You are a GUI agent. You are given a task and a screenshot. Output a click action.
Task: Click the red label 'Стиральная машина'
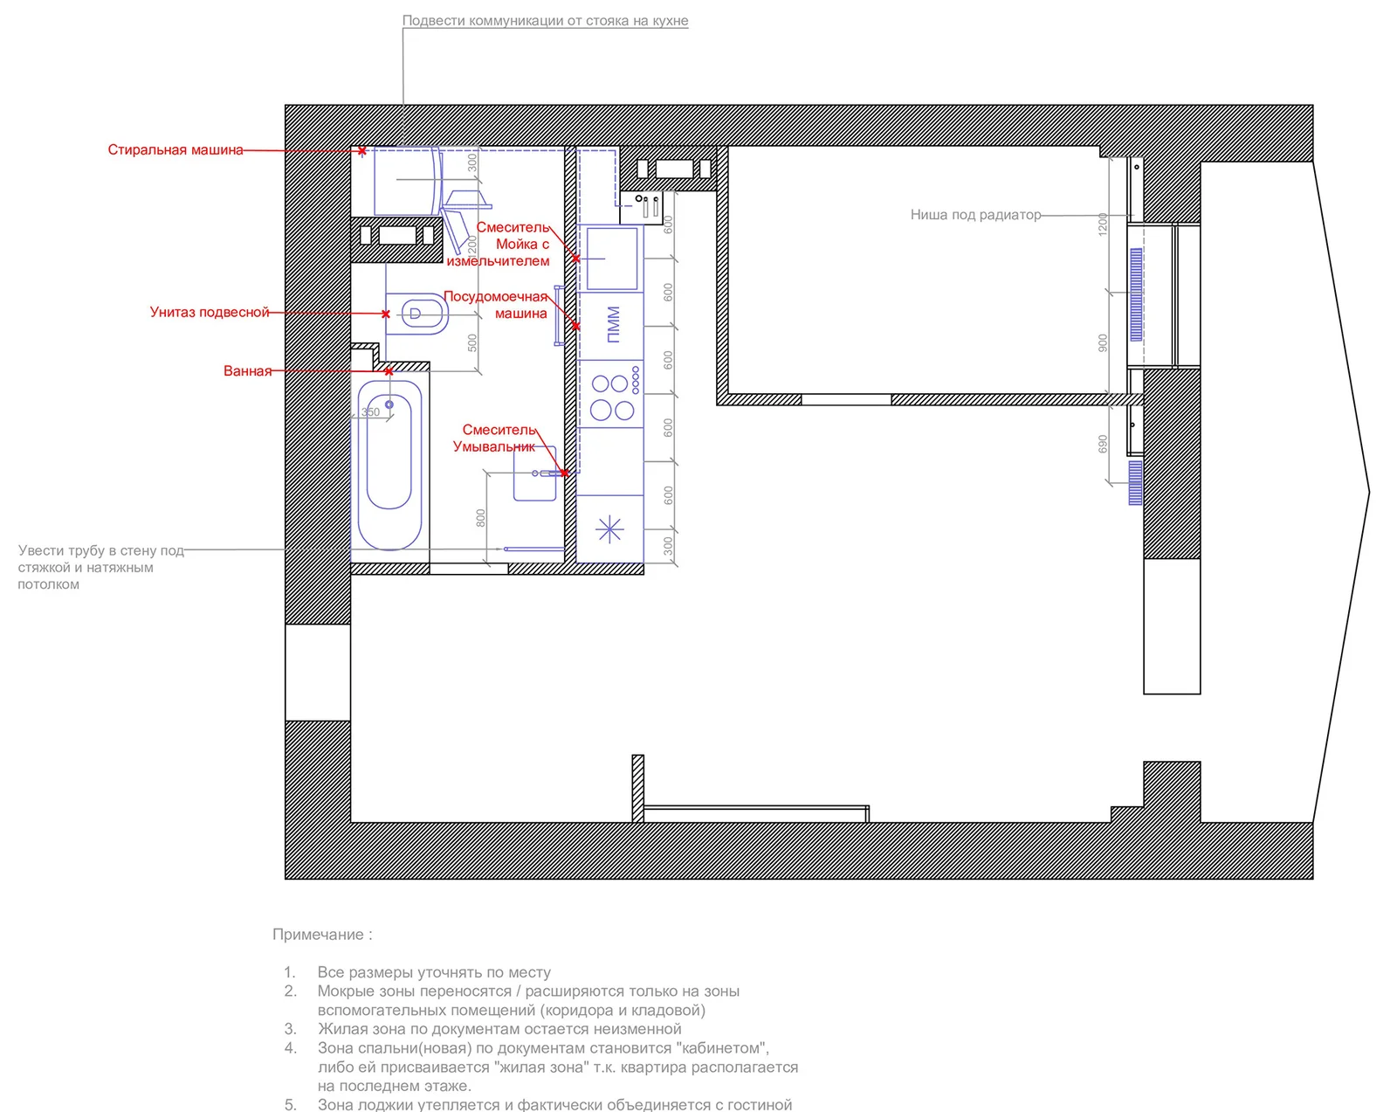pos(175,150)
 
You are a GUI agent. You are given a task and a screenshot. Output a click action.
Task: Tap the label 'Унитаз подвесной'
pos(210,313)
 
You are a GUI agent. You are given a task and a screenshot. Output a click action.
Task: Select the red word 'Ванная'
pos(247,371)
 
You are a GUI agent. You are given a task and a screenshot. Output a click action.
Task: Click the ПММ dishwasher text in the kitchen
pos(613,324)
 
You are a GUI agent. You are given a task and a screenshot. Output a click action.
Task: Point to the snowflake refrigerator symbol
pos(609,529)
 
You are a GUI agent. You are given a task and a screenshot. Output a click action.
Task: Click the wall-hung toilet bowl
pos(418,314)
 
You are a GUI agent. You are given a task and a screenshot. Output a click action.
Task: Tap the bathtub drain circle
pos(389,404)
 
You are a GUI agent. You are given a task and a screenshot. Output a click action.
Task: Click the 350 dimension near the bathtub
pos(370,412)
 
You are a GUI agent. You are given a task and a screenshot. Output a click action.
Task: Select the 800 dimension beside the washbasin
pos(480,519)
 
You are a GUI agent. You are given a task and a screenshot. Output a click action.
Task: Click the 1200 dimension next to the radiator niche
pos(1102,224)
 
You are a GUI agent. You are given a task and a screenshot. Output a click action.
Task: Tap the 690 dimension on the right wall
pos(1102,444)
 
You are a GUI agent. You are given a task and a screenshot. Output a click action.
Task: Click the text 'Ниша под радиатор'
pos(975,215)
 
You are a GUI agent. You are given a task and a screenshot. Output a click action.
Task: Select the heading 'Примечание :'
pos(322,935)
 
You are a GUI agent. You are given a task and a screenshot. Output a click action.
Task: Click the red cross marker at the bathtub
pos(389,372)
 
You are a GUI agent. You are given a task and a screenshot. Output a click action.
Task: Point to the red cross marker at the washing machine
pos(362,152)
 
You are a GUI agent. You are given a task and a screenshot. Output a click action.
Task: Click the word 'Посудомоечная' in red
pos(495,297)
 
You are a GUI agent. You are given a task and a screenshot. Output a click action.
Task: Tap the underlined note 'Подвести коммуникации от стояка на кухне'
pos(545,21)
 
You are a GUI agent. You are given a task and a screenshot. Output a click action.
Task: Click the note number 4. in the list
pos(290,1048)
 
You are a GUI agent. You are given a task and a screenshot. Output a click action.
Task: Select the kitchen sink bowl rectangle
pos(611,259)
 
